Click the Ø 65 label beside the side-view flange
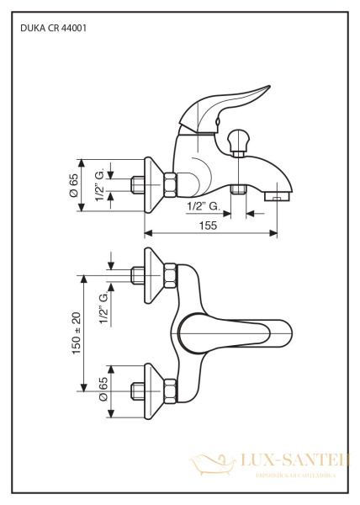click(73, 184)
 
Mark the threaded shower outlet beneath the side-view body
click(238, 189)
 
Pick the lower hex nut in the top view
click(170, 390)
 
